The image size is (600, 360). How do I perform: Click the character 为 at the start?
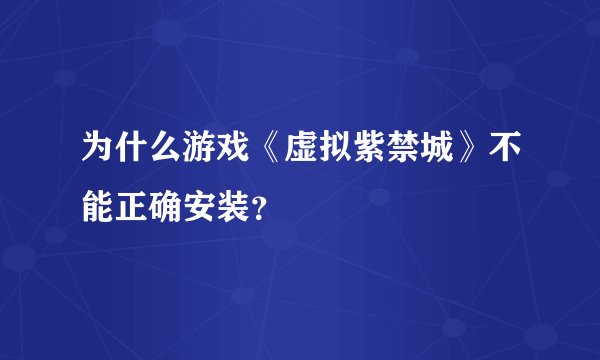point(84,150)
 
